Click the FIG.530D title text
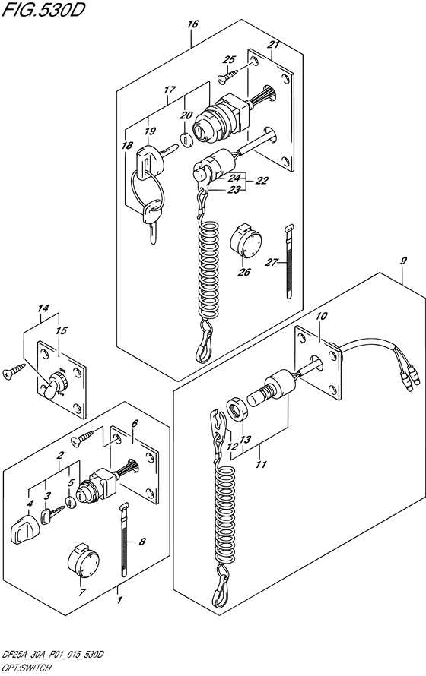43,9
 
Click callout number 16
193,24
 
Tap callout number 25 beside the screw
230,59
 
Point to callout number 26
244,272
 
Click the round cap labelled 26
246,242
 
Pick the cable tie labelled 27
289,261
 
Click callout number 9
403,261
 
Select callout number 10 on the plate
322,317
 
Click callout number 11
261,464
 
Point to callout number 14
43,308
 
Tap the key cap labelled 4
24,529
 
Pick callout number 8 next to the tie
143,543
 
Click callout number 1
119,600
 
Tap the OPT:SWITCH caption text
27,668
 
